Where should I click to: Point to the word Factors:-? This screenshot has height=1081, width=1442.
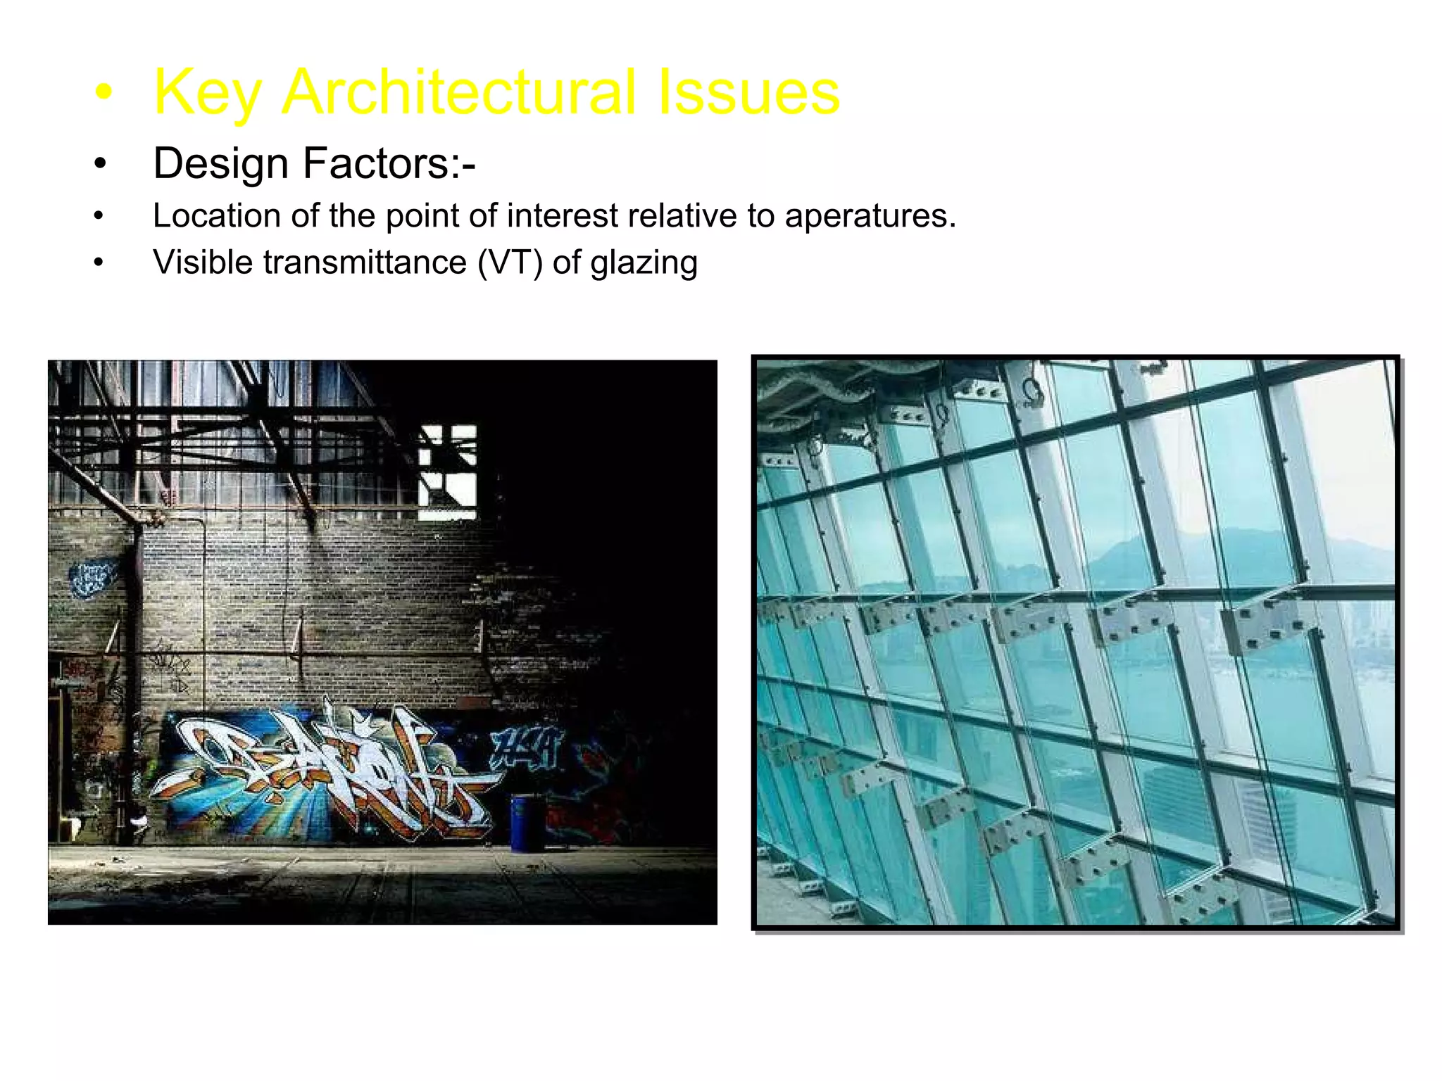tap(389, 164)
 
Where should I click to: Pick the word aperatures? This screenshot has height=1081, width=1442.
tap(870, 215)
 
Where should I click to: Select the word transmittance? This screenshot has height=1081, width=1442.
tap(365, 263)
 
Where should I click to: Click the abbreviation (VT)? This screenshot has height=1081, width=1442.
tap(510, 263)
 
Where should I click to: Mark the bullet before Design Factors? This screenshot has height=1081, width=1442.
tap(100, 164)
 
